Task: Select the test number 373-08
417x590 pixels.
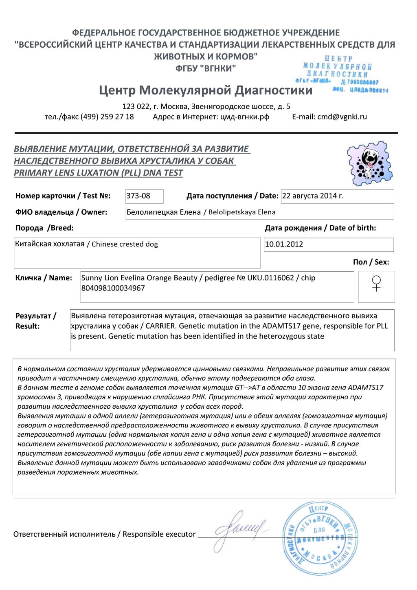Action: (x=138, y=196)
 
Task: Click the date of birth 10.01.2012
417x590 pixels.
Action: (x=284, y=244)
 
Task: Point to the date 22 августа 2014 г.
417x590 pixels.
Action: (x=313, y=196)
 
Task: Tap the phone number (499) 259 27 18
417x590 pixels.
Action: (x=107, y=117)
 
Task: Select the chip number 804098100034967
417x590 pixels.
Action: (x=113, y=288)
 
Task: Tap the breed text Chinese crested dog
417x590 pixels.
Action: (x=125, y=244)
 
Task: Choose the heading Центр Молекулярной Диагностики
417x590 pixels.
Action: (x=206, y=90)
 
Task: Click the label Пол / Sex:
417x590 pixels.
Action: (x=371, y=262)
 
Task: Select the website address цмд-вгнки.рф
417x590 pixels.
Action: (x=245, y=117)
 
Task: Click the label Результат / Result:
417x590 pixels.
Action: (x=36, y=321)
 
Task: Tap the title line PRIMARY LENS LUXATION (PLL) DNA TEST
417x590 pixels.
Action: (x=99, y=173)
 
